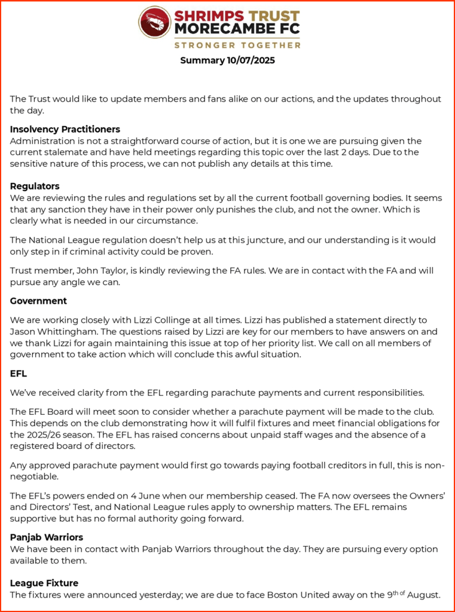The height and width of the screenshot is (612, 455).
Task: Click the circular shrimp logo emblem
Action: [x=155, y=22]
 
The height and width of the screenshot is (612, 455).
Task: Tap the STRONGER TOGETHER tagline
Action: [x=237, y=45]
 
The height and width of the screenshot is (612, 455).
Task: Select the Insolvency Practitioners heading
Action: [x=65, y=129]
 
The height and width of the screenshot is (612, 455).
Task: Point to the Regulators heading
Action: [x=35, y=186]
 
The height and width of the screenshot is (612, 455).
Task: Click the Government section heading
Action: [x=38, y=301]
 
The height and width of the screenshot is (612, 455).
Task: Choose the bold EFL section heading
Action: [x=19, y=374]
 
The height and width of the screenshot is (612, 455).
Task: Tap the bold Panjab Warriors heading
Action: [x=47, y=537]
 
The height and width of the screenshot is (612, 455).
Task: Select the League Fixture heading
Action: [x=44, y=583]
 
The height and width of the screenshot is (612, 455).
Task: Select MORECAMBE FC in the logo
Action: [x=237, y=28]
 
